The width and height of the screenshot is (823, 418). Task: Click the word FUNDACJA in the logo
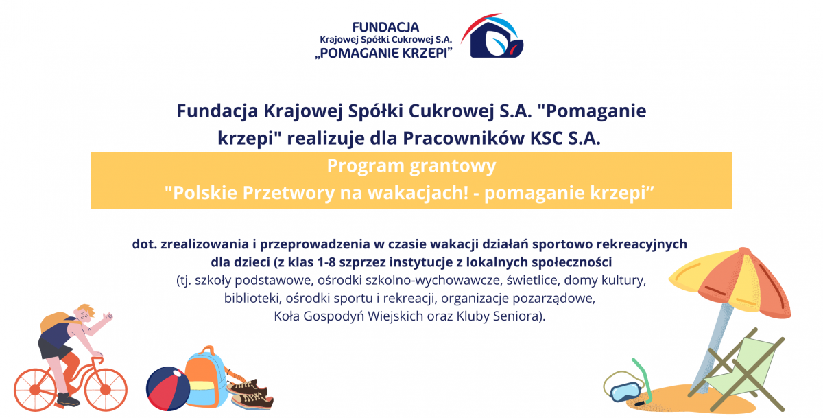(385, 27)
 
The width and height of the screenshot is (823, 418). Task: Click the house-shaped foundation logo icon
(492, 36)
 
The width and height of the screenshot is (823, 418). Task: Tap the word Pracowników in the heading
(464, 139)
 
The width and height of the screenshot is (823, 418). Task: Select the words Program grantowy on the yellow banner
(411, 166)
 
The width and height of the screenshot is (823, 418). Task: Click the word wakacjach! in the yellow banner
(418, 193)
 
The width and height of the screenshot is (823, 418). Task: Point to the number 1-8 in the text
(326, 262)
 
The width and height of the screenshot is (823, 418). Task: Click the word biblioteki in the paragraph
(251, 298)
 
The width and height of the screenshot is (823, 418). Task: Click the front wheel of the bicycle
(106, 390)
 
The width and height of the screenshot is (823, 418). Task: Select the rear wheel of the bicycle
(35, 390)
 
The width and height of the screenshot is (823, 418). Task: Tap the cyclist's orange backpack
(55, 321)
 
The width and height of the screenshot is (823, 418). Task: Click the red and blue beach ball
(168, 388)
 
